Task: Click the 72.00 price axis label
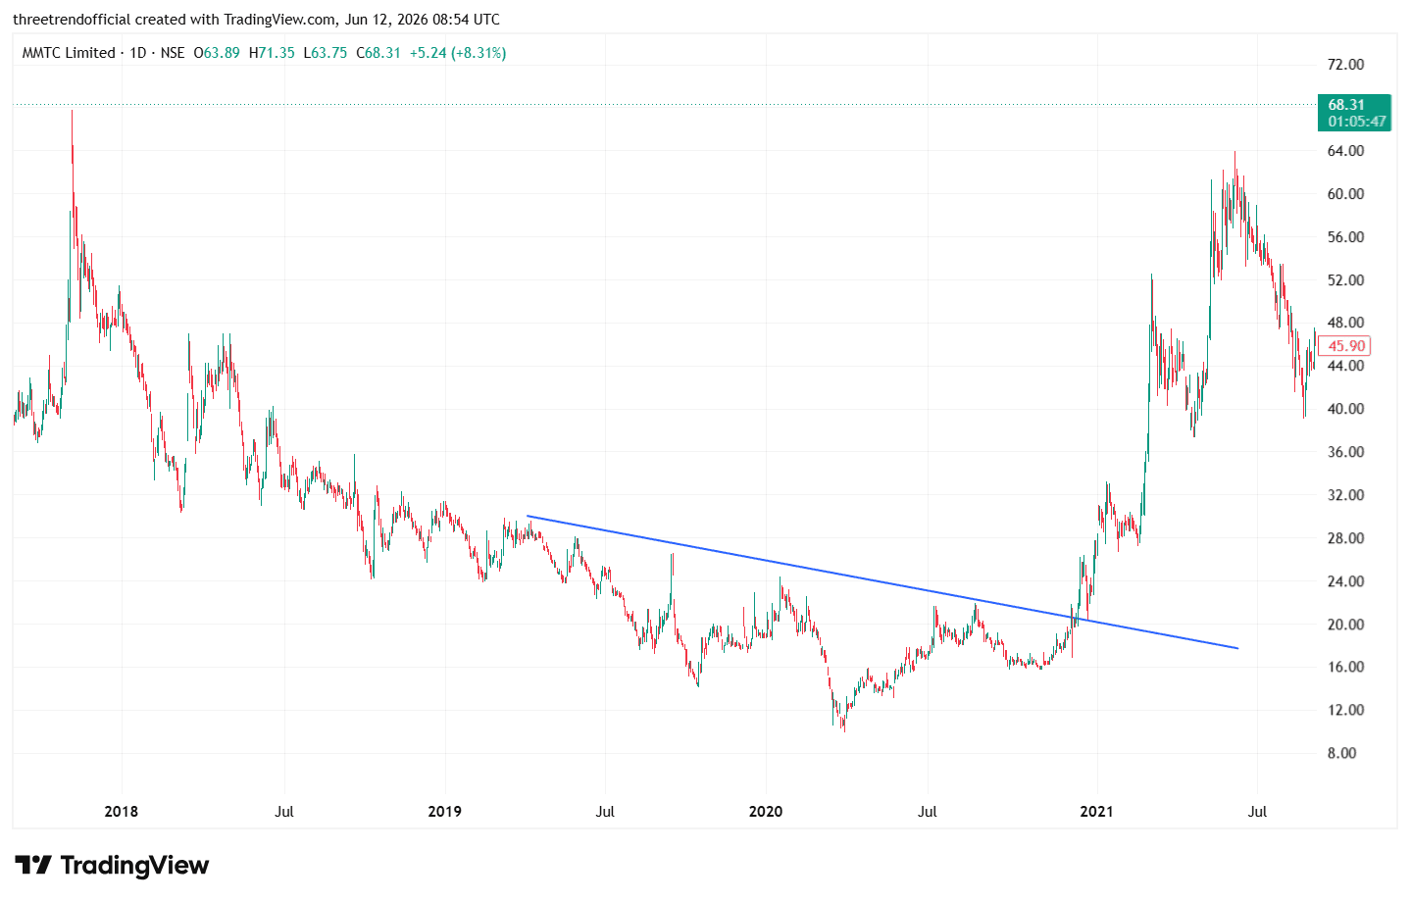coord(1345,64)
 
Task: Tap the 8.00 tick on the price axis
coord(1341,753)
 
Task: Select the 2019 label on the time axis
coord(444,812)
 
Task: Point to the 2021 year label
coord(1096,812)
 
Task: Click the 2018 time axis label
coord(121,812)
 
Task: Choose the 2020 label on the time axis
coord(766,812)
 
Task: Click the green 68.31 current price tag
coord(1354,113)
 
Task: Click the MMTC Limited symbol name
coord(69,53)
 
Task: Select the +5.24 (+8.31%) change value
coord(458,53)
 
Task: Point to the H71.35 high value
coord(272,53)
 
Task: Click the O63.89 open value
coord(217,53)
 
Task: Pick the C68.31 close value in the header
coord(378,53)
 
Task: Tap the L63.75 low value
coord(325,53)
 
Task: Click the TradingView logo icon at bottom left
coord(32,865)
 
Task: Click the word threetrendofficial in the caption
coord(72,20)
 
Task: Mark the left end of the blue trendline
coord(527,516)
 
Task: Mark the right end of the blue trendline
coord(1238,648)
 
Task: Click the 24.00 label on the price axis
coord(1345,581)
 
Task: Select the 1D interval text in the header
coord(138,53)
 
